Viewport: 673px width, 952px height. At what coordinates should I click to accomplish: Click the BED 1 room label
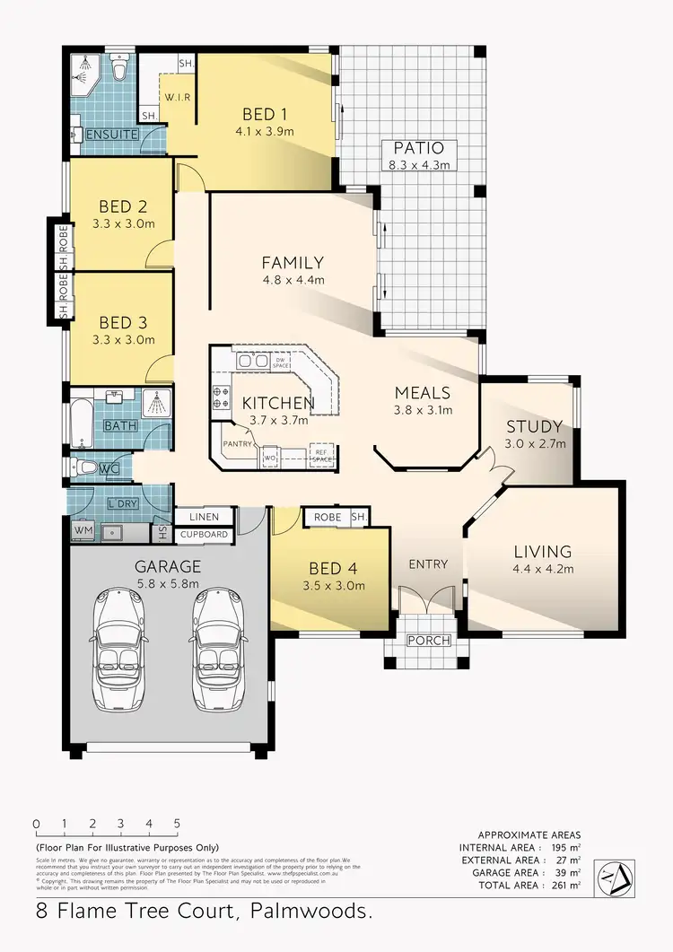[x=265, y=115]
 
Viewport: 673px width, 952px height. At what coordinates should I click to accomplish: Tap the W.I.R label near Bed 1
[x=175, y=97]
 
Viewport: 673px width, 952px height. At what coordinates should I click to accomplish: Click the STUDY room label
[x=534, y=426]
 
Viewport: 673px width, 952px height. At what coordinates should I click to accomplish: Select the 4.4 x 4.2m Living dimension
[x=543, y=568]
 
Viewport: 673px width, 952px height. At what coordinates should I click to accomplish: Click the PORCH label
[x=428, y=640]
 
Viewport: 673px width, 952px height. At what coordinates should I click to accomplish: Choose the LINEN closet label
[x=204, y=518]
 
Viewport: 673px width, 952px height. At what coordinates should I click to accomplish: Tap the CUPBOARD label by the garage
[x=204, y=536]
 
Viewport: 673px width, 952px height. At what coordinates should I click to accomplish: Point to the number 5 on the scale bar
[x=177, y=824]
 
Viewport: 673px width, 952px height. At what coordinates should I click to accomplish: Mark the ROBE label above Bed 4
[x=326, y=518]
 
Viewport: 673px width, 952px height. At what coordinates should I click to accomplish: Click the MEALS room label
[x=423, y=393]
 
